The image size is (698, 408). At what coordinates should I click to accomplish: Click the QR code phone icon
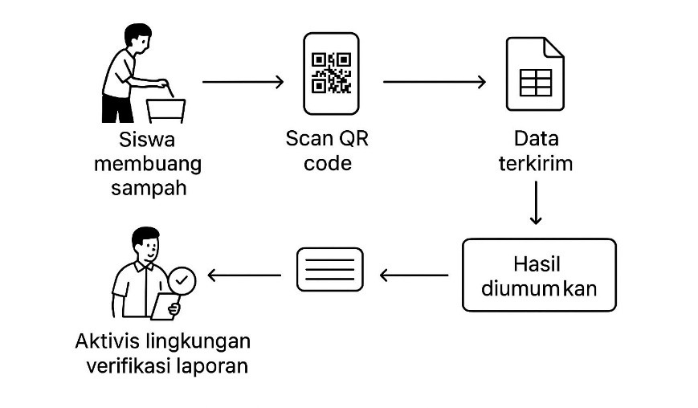coord(330,73)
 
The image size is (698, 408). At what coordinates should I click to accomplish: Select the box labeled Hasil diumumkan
coord(538,275)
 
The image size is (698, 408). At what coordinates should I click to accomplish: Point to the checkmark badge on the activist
coord(182,280)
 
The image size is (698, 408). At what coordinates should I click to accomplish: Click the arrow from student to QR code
coord(243,82)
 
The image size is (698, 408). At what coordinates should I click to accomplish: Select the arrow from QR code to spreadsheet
coord(435,82)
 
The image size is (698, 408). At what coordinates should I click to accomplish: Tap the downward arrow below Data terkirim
coord(537,204)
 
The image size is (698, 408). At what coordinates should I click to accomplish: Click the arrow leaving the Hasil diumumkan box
coord(414,275)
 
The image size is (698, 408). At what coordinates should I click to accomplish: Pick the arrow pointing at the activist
coord(244,275)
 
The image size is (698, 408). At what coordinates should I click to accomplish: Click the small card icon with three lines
coord(329,269)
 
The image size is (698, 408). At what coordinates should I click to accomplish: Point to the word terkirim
coord(536,164)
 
